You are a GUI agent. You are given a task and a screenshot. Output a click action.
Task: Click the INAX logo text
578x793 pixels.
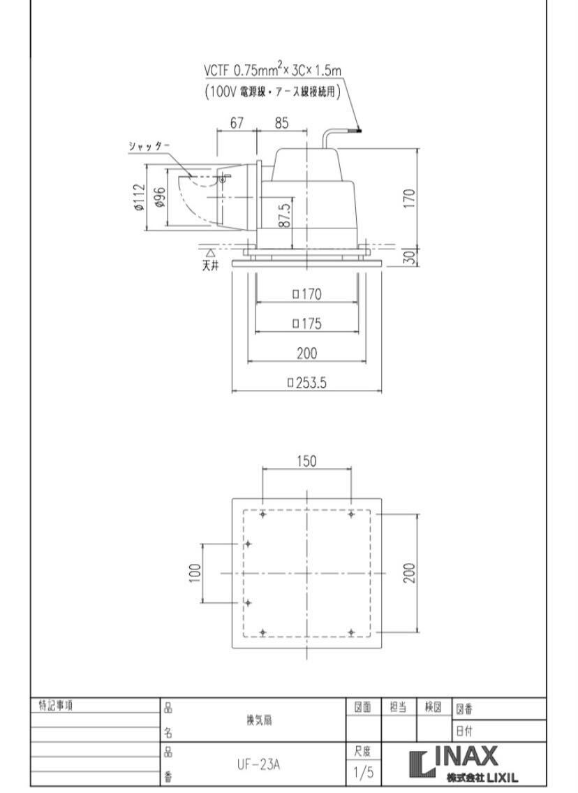tap(468, 756)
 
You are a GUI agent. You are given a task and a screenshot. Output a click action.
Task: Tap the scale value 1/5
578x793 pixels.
tap(362, 774)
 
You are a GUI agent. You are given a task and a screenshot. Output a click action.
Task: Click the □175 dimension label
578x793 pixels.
tap(306, 323)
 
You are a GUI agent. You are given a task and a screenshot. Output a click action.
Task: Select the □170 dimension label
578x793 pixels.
tap(306, 294)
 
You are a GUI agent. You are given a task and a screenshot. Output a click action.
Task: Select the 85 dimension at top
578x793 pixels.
tap(281, 124)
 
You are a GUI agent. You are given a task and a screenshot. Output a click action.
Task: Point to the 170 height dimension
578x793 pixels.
tap(410, 198)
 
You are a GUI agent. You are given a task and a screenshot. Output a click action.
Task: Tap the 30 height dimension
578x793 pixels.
tap(410, 256)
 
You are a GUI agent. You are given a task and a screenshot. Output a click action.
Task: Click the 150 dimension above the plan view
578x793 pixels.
tap(306, 461)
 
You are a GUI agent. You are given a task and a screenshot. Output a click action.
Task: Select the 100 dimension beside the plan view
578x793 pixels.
tap(195, 573)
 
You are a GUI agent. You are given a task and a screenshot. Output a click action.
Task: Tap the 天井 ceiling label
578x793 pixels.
tap(210, 266)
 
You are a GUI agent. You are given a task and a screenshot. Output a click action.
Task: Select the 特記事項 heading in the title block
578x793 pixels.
tap(57, 706)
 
